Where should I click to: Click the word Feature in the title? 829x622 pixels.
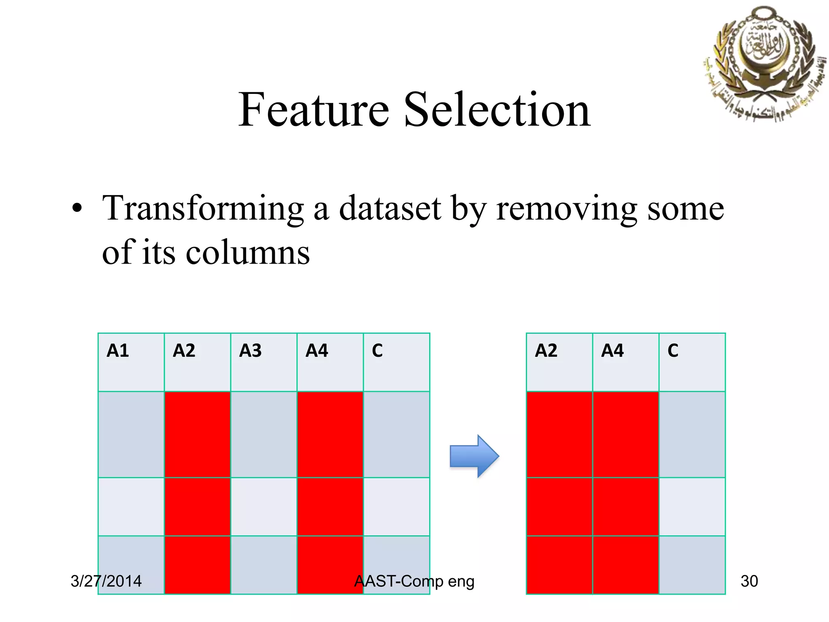(314, 110)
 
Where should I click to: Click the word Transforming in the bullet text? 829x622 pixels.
(203, 209)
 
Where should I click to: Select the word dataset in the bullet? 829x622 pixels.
(389, 209)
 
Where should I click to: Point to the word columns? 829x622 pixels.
(247, 253)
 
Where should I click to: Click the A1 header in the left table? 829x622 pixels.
(118, 351)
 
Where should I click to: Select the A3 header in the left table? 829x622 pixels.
(251, 351)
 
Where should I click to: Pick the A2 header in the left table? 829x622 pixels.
(184, 351)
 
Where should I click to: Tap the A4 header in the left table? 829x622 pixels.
(317, 351)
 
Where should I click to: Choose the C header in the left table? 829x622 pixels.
(377, 351)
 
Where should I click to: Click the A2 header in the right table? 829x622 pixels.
(546, 351)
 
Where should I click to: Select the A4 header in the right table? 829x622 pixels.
(612, 351)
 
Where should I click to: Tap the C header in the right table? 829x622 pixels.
(673, 351)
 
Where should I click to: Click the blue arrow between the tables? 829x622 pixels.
(474, 456)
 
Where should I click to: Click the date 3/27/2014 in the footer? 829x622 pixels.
(106, 582)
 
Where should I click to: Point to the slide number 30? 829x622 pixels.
(749, 582)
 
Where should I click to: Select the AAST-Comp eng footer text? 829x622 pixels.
(414, 582)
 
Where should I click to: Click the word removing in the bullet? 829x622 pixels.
(567, 209)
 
